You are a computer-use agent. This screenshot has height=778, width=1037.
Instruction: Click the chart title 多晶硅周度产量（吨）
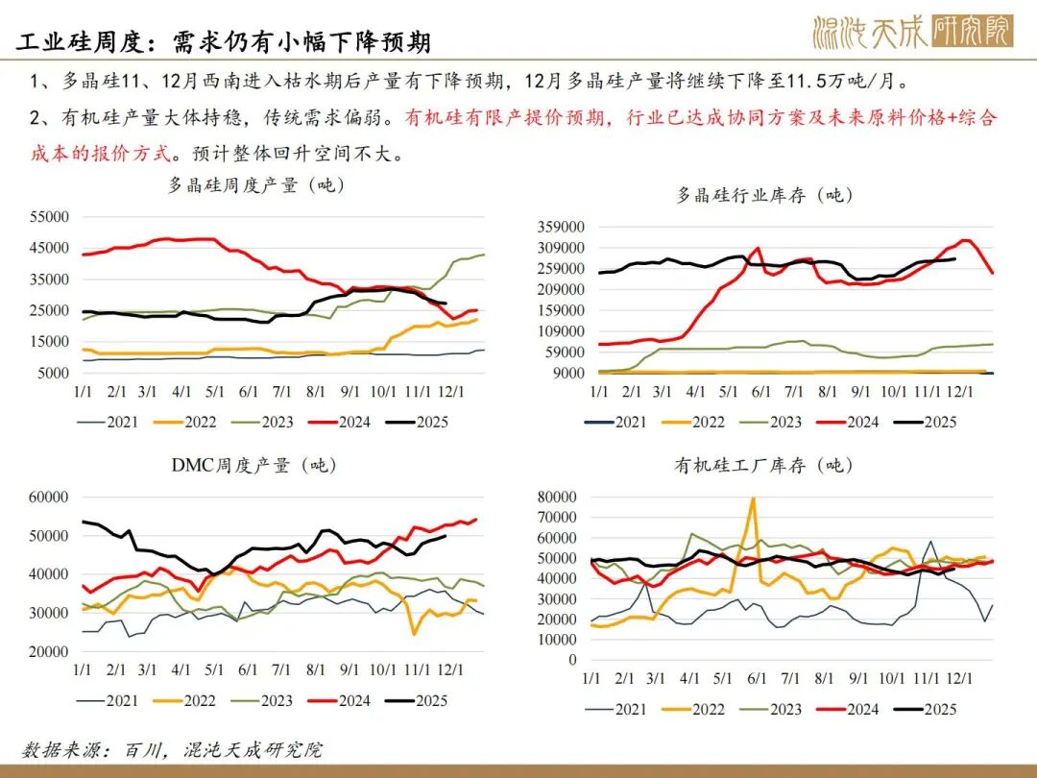256,185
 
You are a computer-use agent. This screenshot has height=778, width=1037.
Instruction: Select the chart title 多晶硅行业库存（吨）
764,195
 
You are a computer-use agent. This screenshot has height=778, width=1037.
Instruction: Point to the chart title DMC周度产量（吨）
254,465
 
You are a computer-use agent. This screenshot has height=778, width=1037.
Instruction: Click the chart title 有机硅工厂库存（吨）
764,465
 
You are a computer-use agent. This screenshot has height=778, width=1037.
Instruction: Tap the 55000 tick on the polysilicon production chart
49,217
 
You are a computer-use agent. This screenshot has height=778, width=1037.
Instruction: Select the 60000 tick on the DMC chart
49,497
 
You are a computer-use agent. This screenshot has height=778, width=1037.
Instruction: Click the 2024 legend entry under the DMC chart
340,700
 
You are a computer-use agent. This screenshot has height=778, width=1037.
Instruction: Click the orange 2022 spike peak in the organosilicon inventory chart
753,498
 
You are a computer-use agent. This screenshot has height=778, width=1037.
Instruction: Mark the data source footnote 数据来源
172,749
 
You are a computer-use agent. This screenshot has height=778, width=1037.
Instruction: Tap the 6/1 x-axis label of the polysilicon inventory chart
761,391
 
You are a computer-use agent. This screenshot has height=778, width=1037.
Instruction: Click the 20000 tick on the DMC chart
49,651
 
